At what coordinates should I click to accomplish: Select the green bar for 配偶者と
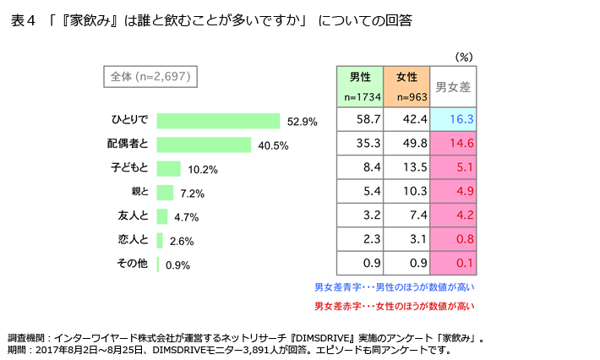coord(204,145)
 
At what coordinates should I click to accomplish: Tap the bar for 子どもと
coord(168,168)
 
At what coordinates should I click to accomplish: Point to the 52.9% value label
coord(303,122)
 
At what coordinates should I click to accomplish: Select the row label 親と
coord(139,192)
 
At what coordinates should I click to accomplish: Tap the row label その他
coord(132,263)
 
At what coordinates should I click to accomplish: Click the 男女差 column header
coord(453,86)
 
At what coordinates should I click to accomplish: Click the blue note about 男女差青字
coord(394,287)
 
